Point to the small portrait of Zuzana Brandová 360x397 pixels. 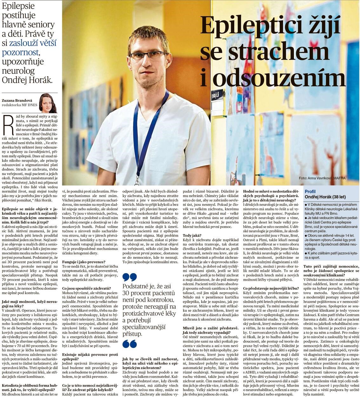tap(48, 103)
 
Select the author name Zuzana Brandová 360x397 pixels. tap(17, 99)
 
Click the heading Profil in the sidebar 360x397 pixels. tap(310, 192)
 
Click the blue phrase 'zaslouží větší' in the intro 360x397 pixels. tap(32, 43)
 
